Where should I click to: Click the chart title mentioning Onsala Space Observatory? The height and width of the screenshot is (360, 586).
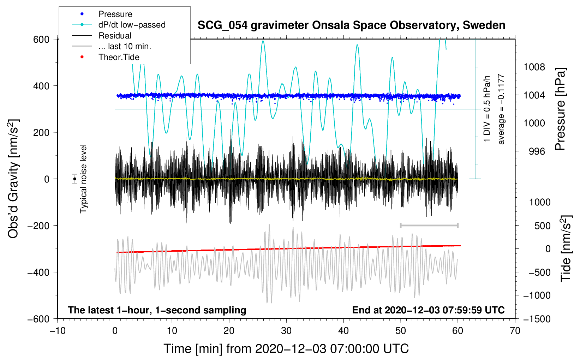click(x=351, y=25)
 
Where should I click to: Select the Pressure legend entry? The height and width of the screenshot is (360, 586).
click(x=115, y=14)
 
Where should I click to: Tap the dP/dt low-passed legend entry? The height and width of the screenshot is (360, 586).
click(x=132, y=25)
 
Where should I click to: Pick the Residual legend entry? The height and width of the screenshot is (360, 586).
click(x=115, y=36)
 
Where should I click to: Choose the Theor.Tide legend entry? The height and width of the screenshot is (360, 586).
click(x=119, y=57)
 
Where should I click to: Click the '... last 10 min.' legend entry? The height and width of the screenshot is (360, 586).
click(x=125, y=46)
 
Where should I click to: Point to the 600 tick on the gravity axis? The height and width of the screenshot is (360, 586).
click(x=41, y=39)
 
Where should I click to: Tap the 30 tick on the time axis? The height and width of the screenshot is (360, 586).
click(x=286, y=331)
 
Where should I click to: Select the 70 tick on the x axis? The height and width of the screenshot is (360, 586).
click(x=515, y=331)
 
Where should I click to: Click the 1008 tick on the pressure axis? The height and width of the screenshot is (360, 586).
click(x=534, y=67)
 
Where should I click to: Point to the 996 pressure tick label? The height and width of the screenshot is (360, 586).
click(x=537, y=151)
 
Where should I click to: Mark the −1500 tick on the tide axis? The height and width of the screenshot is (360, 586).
click(x=537, y=319)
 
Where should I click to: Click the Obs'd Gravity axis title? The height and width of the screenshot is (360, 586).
click(x=13, y=179)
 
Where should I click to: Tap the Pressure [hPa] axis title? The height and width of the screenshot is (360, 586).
click(x=560, y=109)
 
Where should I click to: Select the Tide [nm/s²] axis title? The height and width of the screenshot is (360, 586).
click(x=566, y=248)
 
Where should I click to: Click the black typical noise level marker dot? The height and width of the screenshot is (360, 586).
click(x=74, y=179)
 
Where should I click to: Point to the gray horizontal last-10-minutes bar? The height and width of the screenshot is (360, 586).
click(x=429, y=225)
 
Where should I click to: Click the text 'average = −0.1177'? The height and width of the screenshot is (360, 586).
click(x=501, y=109)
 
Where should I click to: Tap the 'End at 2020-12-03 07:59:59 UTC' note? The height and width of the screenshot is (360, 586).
click(x=428, y=310)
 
